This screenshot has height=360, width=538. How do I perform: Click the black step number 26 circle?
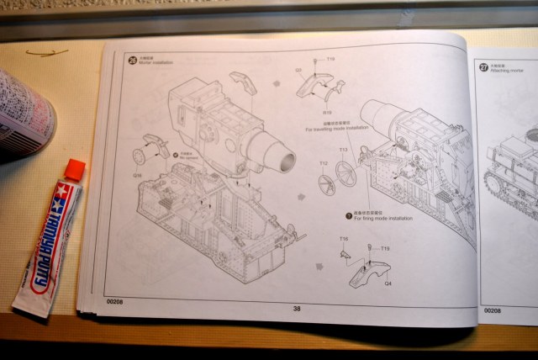coord(131,59)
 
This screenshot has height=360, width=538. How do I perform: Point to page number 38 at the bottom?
coord(297,308)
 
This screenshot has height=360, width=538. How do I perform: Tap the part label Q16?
coord(137,176)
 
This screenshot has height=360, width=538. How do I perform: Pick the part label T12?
coord(323,163)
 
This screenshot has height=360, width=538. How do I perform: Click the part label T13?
coord(344,150)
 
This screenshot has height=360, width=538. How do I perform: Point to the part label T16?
coord(343,240)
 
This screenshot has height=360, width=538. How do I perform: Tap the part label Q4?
coord(388,283)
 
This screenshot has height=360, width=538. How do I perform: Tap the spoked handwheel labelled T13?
coord(345,173)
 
